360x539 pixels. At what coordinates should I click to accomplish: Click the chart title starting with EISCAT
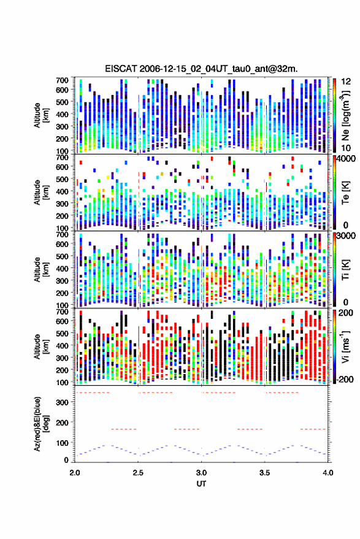click(x=201, y=69)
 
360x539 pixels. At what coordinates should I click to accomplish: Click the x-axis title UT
click(x=201, y=484)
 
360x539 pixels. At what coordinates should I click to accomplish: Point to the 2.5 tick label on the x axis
click(x=138, y=473)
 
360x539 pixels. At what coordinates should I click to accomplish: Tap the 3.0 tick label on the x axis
click(x=202, y=473)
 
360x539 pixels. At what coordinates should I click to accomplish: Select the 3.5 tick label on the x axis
click(x=264, y=473)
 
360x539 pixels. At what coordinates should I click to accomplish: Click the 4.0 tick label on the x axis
click(x=327, y=473)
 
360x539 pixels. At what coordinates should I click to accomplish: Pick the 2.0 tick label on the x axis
click(x=75, y=473)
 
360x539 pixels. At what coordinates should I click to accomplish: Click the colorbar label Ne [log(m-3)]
click(x=345, y=115)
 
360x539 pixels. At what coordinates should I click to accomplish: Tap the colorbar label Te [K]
click(x=345, y=193)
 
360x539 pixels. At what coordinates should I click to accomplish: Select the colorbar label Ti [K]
click(x=345, y=270)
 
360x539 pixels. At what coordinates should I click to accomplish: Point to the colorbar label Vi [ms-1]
click(x=345, y=346)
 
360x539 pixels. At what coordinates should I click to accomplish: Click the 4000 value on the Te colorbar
click(x=347, y=160)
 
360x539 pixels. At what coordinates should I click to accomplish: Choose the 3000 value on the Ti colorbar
click(x=347, y=237)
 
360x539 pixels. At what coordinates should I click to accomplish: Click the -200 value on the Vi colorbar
click(x=345, y=379)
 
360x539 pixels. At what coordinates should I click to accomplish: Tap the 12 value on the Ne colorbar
click(x=347, y=82)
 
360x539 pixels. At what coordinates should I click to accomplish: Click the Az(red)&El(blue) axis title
click(x=42, y=424)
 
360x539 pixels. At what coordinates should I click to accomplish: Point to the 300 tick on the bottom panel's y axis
click(x=62, y=402)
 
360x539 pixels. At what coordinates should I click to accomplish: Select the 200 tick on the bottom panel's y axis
click(x=62, y=422)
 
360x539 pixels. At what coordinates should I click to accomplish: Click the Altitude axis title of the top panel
click(x=42, y=115)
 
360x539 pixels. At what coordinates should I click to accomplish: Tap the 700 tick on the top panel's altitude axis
click(x=62, y=80)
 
